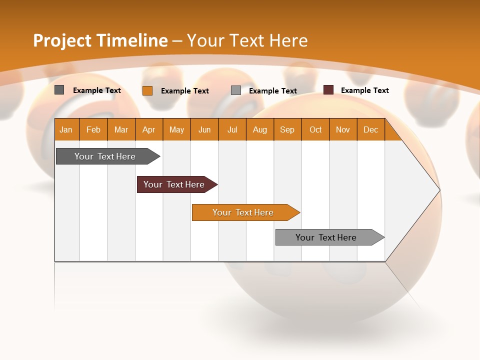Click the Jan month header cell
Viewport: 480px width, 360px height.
(66, 129)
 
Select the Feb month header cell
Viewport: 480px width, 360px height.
(93, 129)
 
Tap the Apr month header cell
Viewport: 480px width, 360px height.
(149, 129)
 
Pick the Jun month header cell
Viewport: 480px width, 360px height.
(204, 129)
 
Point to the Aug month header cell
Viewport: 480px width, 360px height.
(260, 129)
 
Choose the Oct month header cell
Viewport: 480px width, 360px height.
(315, 129)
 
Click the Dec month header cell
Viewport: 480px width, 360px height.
(371, 129)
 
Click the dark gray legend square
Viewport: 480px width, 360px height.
(59, 90)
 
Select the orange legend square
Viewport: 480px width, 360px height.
(147, 90)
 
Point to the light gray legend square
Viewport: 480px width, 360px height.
(236, 90)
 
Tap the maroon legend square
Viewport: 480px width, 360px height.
(328, 90)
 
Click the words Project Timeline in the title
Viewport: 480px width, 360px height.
(100, 40)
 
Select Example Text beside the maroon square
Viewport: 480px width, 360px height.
(364, 90)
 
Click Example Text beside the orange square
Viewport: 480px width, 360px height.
(184, 91)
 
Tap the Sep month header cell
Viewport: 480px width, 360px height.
(287, 129)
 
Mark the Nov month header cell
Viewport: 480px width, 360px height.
(343, 129)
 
